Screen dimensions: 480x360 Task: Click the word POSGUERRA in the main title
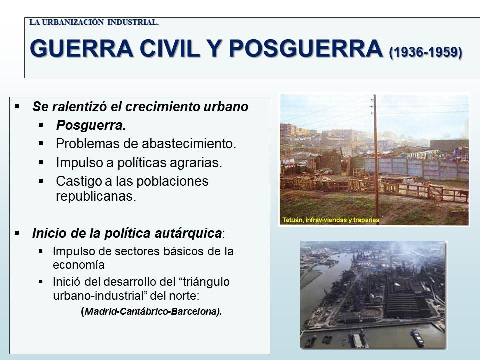coord(306,49)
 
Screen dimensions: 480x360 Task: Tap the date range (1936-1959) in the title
coord(426,52)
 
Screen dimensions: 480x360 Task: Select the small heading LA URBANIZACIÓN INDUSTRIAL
coord(94,22)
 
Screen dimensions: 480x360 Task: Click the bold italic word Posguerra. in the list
coord(91,125)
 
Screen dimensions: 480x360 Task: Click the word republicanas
coord(96,196)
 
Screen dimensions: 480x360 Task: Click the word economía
coord(79,265)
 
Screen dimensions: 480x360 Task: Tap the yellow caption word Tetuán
coord(292,220)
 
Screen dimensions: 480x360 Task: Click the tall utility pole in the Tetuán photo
coord(376,159)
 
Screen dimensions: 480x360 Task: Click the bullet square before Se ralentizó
coord(17,107)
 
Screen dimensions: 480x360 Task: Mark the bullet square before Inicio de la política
coord(17,233)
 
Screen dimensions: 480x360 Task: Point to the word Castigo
coord(78,181)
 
